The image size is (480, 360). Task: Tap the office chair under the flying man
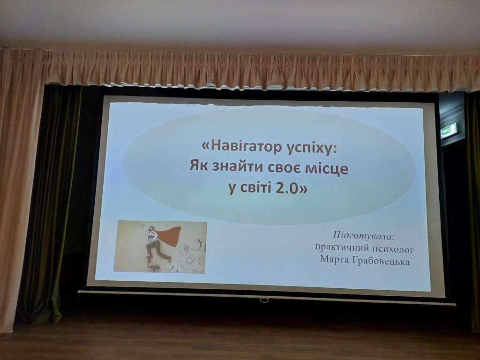(154, 265)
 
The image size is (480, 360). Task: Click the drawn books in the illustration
(199, 245)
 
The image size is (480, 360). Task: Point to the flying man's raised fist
(142, 226)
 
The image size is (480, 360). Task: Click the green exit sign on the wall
(449, 131)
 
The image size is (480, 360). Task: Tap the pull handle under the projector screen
(264, 300)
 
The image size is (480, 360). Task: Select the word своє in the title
(282, 168)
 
